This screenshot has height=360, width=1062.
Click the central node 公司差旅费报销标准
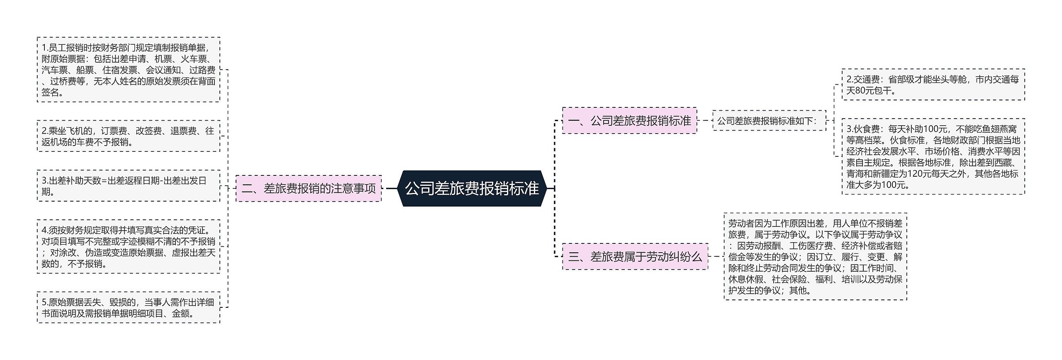(x=472, y=188)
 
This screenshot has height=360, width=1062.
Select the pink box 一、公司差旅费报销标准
(x=629, y=121)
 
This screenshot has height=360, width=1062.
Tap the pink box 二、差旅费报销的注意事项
(x=308, y=189)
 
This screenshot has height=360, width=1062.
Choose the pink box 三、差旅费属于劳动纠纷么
(x=635, y=257)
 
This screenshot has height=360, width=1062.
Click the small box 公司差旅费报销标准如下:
(x=769, y=121)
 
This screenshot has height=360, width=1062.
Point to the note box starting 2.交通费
(x=933, y=85)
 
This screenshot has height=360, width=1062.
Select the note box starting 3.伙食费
(x=933, y=157)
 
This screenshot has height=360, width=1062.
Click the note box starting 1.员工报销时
(x=128, y=70)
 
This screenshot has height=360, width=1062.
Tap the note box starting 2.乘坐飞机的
(x=128, y=136)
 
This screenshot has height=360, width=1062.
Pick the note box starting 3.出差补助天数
(x=128, y=186)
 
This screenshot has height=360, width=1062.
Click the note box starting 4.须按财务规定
(x=128, y=247)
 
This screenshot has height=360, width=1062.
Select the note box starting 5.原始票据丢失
(x=128, y=308)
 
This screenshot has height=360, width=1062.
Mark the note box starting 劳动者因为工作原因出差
(x=815, y=257)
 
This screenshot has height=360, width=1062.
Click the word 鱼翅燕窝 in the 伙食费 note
(x=999, y=129)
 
